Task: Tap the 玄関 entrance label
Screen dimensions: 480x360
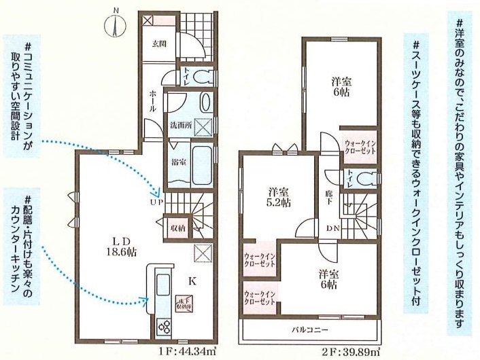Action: pyautogui.click(x=159, y=44)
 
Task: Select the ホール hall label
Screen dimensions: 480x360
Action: pyautogui.click(x=153, y=101)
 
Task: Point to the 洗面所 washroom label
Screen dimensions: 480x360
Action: pyautogui.click(x=180, y=126)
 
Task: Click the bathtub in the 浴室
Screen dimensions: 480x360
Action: pyautogui.click(x=201, y=166)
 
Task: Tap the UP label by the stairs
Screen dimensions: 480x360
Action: pyautogui.click(x=156, y=202)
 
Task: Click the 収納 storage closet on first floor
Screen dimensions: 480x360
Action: pyautogui.click(x=178, y=228)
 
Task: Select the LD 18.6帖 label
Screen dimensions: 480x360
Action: pyautogui.click(x=119, y=246)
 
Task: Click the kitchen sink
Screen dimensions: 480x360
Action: pyautogui.click(x=163, y=285)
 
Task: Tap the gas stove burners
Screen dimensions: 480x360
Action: pyautogui.click(x=163, y=327)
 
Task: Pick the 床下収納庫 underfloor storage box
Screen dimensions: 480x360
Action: pyautogui.click(x=184, y=304)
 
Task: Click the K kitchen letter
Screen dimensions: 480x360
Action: pyautogui.click(x=192, y=281)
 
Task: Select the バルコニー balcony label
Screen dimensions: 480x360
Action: pyautogui.click(x=310, y=330)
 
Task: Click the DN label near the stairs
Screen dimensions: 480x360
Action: pyautogui.click(x=332, y=228)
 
